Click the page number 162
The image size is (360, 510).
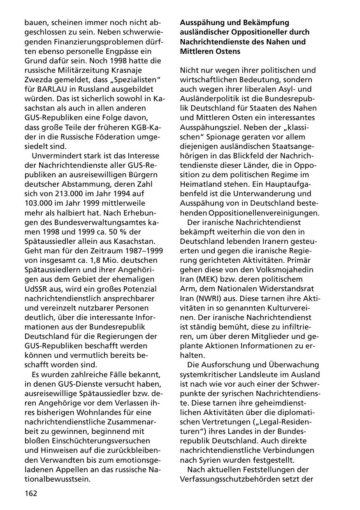30,493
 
